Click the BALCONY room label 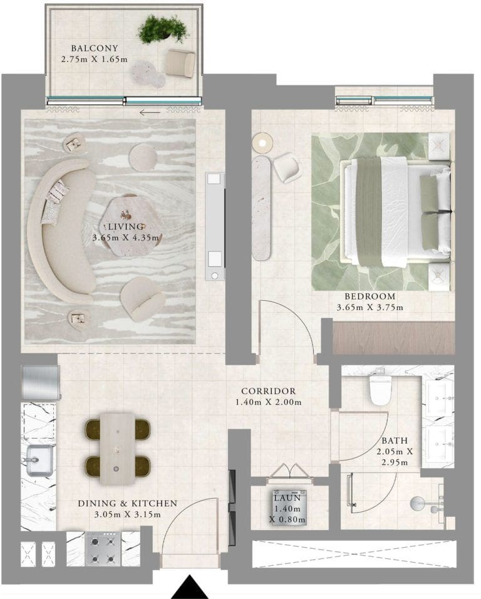[x=95, y=48]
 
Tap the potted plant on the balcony [x=163, y=29]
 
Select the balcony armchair [x=180, y=63]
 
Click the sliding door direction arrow [x=150, y=113]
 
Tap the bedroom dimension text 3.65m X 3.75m [x=370, y=307]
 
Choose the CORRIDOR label [x=268, y=391]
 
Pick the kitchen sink [x=39, y=461]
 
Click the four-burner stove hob [x=103, y=549]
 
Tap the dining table [x=117, y=449]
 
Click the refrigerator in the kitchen [x=41, y=383]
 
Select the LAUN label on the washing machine [x=287, y=498]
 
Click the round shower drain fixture [x=418, y=504]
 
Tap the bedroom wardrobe [x=393, y=338]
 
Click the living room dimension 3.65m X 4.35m [x=126, y=237]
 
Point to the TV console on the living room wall [x=215, y=226]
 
